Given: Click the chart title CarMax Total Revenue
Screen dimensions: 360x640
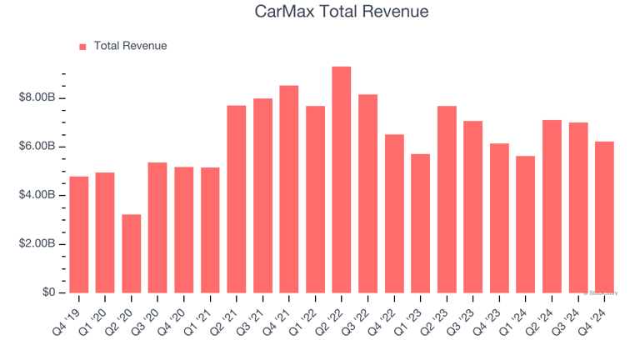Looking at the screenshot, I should [342, 12].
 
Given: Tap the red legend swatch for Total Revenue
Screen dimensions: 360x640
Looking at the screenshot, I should [82, 47].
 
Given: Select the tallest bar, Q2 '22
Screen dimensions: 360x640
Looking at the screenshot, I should [342, 179].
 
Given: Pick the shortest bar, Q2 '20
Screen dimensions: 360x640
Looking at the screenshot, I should [131, 253].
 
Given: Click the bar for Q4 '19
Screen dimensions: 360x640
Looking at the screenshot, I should [78, 234].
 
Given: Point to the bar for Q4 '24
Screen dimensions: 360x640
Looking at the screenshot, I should [604, 217].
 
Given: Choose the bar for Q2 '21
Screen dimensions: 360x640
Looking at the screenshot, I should [236, 199].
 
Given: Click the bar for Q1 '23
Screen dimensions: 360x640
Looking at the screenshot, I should [420, 223].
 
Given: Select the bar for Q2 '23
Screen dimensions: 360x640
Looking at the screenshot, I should [447, 199].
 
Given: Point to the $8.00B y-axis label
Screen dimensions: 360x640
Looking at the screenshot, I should [37, 98].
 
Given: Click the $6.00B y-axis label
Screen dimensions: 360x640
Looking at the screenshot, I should [37, 147].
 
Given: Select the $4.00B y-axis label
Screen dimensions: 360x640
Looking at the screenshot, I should [37, 195].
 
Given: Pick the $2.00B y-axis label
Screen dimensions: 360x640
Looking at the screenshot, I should [37, 244].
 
